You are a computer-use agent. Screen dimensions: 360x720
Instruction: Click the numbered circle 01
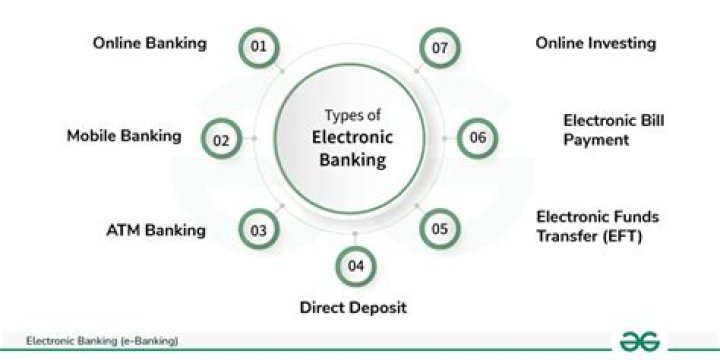[259, 47]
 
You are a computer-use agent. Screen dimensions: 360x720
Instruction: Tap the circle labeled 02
[222, 140]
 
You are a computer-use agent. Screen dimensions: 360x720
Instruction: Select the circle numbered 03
[259, 230]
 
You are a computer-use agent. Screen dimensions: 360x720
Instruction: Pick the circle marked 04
[355, 266]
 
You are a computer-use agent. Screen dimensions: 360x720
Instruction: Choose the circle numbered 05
[439, 229]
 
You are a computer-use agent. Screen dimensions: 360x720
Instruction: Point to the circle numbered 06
[478, 138]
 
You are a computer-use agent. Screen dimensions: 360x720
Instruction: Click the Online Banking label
[149, 43]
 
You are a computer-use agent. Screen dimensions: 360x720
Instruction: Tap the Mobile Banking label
[124, 136]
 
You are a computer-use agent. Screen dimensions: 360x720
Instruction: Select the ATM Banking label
[155, 230]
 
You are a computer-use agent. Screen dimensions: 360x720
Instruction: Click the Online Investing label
[595, 43]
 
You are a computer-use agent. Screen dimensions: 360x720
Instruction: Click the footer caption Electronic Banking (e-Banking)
[102, 341]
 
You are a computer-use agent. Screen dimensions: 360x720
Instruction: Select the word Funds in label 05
[637, 216]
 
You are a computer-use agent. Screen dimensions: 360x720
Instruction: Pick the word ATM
[124, 230]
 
